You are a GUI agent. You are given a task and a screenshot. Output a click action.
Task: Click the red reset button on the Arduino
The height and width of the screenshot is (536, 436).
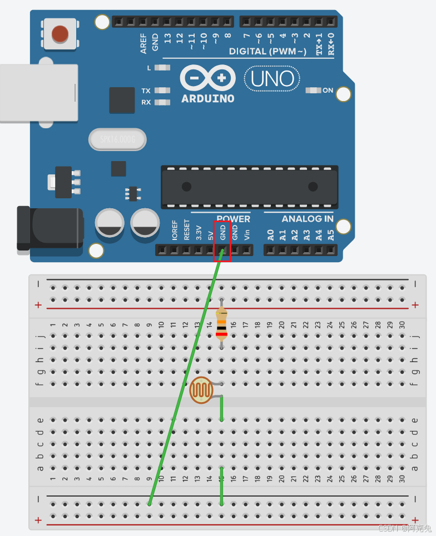61,33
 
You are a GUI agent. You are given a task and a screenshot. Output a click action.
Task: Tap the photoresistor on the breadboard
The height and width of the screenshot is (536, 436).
201,390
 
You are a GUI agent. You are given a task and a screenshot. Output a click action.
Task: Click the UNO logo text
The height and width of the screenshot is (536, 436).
272,79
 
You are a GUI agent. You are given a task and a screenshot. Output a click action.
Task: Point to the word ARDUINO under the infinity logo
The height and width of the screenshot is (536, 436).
208,99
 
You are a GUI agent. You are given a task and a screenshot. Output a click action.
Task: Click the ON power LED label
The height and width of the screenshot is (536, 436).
328,91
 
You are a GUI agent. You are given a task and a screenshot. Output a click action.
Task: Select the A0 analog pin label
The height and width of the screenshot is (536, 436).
270,234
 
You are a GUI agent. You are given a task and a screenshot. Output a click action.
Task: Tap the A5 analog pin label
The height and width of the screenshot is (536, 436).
331,234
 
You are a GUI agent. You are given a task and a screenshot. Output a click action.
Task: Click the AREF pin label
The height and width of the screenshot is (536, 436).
143,43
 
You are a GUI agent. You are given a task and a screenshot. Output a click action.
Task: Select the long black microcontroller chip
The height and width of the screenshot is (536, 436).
249,187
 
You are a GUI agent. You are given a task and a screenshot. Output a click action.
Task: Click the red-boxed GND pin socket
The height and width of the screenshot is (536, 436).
222,251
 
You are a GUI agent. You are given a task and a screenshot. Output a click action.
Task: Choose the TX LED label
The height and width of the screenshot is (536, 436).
146,91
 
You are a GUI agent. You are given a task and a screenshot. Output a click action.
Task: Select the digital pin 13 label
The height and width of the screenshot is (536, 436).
167,39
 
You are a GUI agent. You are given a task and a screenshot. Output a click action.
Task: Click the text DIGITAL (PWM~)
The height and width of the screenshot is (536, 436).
267,52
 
